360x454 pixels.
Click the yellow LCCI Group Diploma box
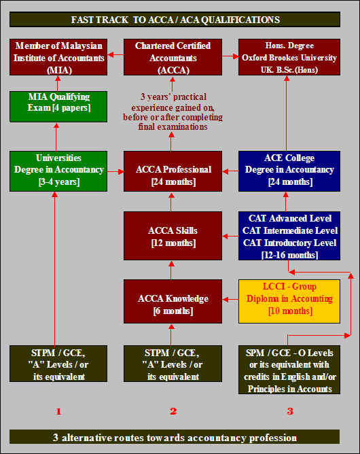click(289, 301)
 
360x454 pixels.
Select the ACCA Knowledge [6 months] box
click(173, 301)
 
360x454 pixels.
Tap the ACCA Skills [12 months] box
click(173, 236)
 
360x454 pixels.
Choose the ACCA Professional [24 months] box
click(173, 171)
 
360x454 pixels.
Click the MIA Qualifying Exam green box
click(58, 106)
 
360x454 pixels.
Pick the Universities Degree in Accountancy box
click(58, 171)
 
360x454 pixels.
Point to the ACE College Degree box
click(289, 171)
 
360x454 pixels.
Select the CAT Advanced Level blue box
click(289, 236)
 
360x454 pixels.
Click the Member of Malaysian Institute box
click(58, 57)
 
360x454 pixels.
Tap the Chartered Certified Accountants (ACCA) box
click(173, 57)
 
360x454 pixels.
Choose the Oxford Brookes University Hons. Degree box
click(289, 57)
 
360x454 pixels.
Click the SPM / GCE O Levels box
click(289, 370)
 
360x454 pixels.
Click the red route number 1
click(58, 411)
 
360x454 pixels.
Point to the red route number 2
click(173, 411)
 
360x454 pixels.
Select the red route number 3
click(290, 411)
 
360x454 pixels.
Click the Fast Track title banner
click(175, 20)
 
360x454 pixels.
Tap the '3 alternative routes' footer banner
click(175, 437)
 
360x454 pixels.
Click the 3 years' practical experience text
click(173, 111)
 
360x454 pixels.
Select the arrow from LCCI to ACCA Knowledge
click(230, 300)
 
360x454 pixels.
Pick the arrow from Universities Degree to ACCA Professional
click(115, 172)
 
